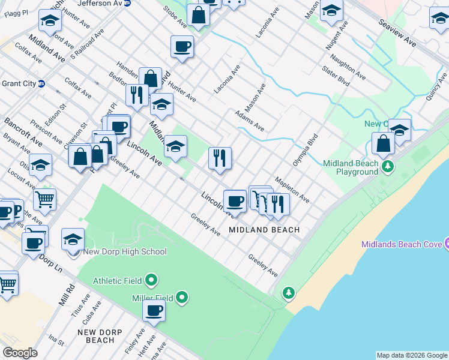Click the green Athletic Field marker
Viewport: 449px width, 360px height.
pyautogui.click(x=151, y=280)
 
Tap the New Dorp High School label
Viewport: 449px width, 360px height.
pyautogui.click(x=125, y=252)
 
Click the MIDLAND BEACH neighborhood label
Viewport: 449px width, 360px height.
pyautogui.click(x=264, y=230)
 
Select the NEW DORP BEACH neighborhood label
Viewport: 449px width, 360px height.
pyautogui.click(x=100, y=336)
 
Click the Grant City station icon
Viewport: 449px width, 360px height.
pyautogui.click(x=41, y=83)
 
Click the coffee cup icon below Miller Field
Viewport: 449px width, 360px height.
pyautogui.click(x=154, y=311)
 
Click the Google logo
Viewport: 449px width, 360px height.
pyautogui.click(x=20, y=353)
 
